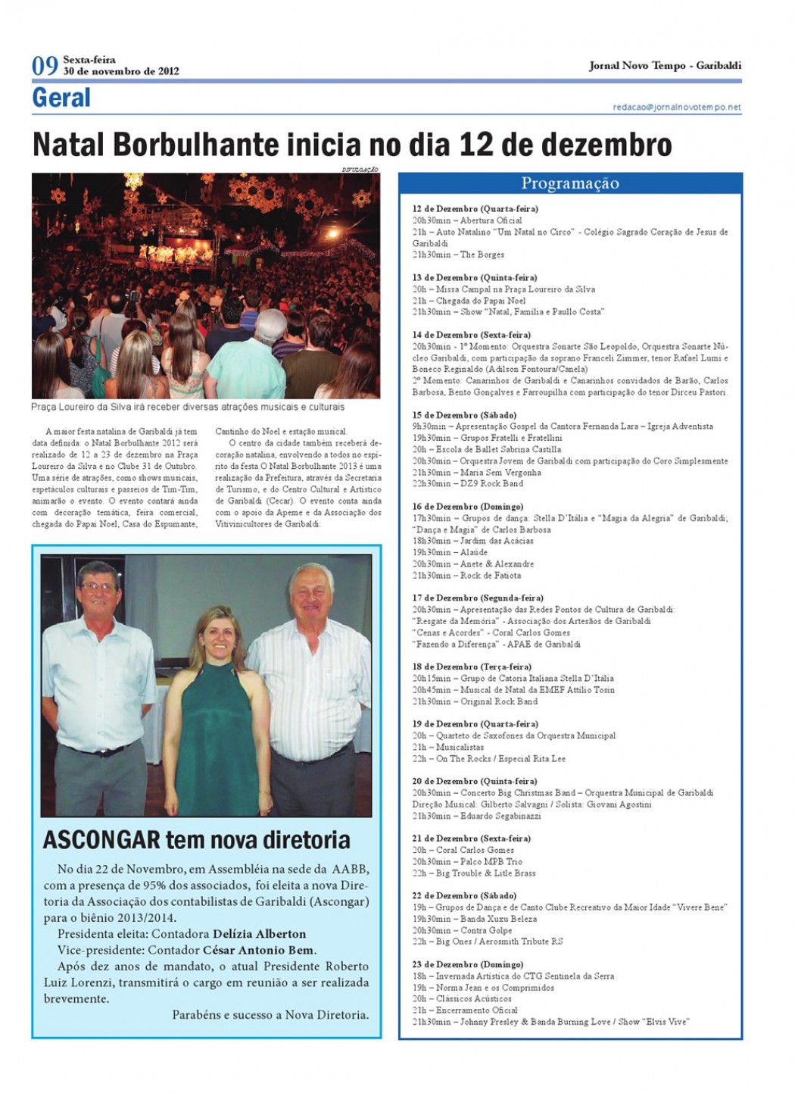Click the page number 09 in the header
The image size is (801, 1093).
(x=45, y=66)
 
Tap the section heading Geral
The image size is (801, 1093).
(x=61, y=98)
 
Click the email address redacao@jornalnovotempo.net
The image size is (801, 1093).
(x=676, y=108)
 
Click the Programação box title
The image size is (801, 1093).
(x=569, y=183)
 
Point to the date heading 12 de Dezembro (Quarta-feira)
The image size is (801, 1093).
(x=475, y=208)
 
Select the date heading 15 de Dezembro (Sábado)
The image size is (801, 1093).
(x=464, y=415)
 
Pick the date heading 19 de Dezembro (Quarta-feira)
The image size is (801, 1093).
(x=475, y=724)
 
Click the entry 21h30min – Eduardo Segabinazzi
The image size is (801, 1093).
(x=476, y=816)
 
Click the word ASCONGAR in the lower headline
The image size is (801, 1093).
(x=101, y=840)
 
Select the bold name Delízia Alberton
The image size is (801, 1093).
(x=259, y=934)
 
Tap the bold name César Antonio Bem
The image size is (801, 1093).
(x=259, y=950)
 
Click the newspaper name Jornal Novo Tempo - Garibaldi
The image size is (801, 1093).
(x=665, y=66)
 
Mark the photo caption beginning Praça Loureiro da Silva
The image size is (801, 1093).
(x=188, y=407)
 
